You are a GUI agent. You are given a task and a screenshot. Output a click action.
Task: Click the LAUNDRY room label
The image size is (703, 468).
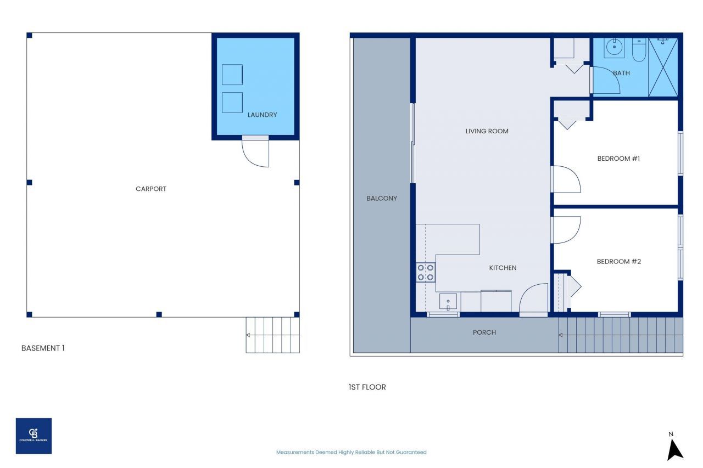(x=262, y=115)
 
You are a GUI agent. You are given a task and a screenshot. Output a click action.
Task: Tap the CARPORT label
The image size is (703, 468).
(x=151, y=189)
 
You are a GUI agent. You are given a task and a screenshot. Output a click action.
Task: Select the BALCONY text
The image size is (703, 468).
(x=382, y=198)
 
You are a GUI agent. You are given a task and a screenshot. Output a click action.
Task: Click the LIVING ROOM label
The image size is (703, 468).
(x=487, y=131)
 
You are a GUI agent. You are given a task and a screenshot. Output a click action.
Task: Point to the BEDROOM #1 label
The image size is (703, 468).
(x=619, y=159)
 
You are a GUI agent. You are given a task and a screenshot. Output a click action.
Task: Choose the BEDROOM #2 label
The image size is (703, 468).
(x=619, y=261)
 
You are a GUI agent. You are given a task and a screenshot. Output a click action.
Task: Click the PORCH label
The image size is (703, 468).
(x=484, y=332)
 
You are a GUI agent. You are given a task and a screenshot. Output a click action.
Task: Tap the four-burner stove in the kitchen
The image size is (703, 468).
(x=426, y=273)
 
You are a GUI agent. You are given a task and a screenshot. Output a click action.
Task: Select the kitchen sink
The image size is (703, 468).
(x=448, y=301)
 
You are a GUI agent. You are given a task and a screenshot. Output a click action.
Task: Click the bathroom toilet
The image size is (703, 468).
(x=639, y=50)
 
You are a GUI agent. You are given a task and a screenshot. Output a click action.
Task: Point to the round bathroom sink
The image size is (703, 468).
(x=614, y=48)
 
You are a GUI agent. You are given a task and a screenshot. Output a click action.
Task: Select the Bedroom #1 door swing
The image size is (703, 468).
(x=566, y=179)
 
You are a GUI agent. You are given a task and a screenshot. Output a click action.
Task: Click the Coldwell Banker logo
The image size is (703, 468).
(x=34, y=436)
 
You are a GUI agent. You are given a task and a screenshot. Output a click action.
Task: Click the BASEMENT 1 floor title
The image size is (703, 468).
(x=43, y=348)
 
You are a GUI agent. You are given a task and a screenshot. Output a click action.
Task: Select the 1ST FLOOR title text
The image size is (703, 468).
(x=367, y=387)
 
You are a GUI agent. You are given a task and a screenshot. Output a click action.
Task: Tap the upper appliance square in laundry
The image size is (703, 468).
(x=232, y=75)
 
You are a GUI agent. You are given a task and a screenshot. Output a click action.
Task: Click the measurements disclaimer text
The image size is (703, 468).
(x=351, y=452)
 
